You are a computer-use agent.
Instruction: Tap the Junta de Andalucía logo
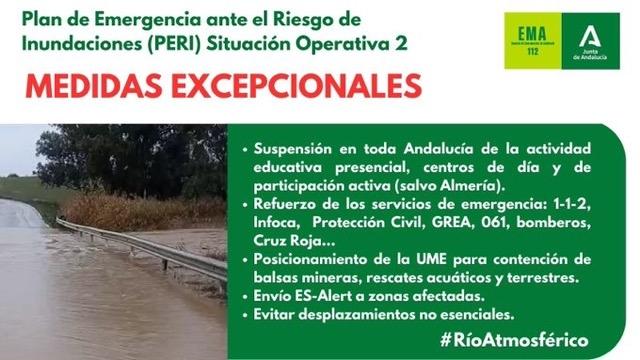click(x=594, y=41)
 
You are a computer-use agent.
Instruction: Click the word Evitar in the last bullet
click(x=275, y=314)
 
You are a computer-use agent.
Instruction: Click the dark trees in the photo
click(x=130, y=160)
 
